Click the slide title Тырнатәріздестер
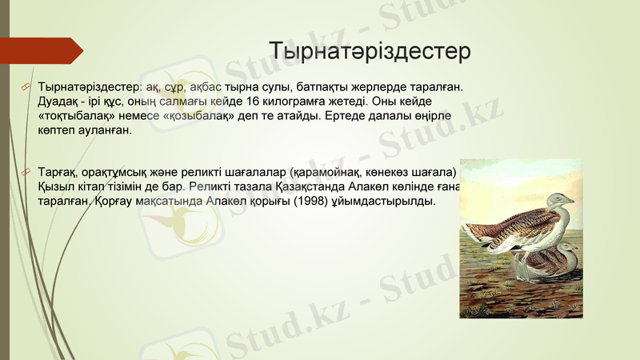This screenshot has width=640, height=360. click(370, 51)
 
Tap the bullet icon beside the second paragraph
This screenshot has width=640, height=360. click(26, 173)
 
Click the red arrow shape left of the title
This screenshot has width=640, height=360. click(44, 50)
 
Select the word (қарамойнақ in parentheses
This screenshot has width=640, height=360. click(328, 172)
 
